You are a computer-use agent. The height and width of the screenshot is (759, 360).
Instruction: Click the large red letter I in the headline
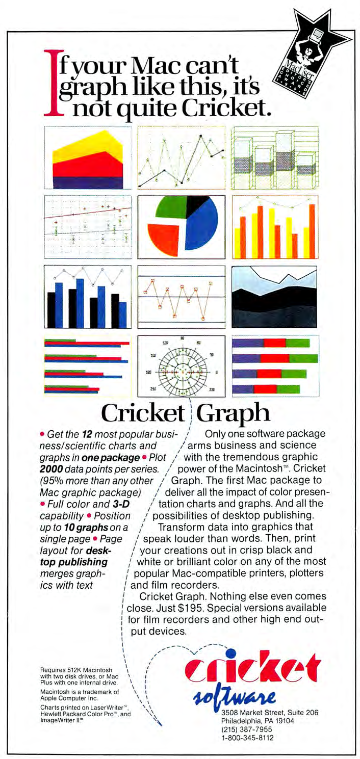coord(52,82)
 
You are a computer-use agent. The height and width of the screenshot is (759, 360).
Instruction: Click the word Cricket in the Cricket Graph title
coord(141,414)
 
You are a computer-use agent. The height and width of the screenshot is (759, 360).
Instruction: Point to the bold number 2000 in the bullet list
coord(51,468)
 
